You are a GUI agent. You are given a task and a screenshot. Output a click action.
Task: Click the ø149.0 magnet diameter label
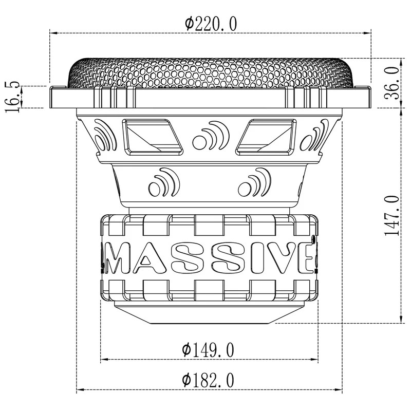(208, 350)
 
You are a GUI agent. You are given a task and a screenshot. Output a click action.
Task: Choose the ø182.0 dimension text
(208, 381)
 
